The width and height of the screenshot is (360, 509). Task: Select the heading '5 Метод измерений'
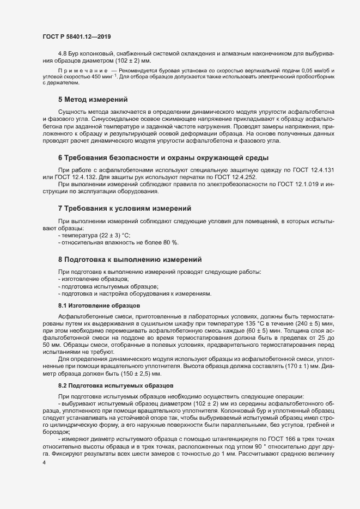point(93,100)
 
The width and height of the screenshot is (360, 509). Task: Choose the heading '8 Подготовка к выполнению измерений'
point(130,259)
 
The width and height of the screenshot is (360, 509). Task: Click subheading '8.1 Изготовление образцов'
point(93,306)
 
